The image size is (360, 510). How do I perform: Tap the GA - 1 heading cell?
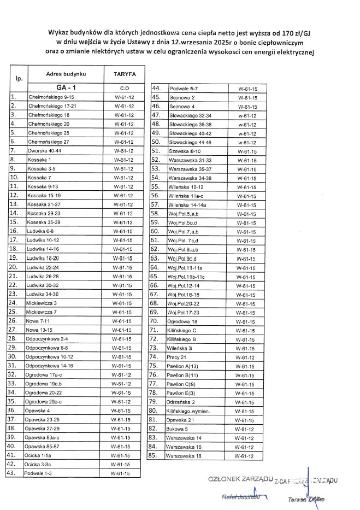[63, 87]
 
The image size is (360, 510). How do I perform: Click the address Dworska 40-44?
[44, 150]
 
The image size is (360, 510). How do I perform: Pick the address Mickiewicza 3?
[42, 302]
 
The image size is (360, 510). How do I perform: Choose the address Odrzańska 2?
[181, 401]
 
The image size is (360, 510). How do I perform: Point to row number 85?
[154, 455]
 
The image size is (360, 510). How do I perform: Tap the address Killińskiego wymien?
[190, 410]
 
